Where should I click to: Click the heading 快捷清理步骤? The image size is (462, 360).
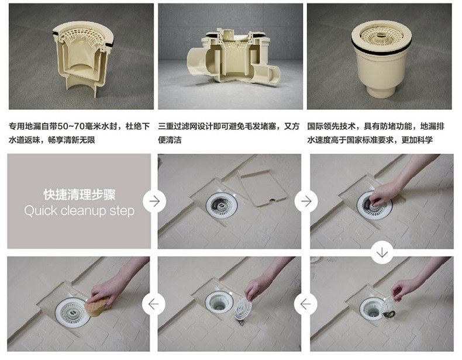tap(80, 194)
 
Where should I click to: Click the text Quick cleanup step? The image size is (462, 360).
tap(80, 211)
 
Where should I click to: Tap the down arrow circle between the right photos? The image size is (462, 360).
tap(382, 252)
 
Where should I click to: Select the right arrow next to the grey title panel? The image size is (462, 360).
tap(154, 202)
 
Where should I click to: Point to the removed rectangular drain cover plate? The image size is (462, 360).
tap(262, 187)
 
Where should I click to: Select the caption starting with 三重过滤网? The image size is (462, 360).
tap(229, 133)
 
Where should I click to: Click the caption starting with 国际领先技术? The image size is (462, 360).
tap(375, 133)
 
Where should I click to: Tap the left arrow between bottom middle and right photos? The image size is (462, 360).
tap(305, 304)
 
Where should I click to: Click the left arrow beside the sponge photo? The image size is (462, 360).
tap(153, 304)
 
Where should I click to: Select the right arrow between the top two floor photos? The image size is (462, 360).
tap(306, 202)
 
